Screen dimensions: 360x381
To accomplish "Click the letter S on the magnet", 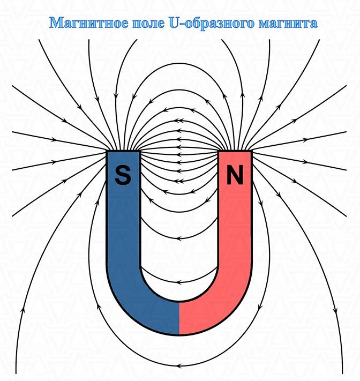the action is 123,175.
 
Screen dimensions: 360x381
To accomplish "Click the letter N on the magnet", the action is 235,175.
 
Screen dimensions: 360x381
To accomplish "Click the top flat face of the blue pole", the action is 123,151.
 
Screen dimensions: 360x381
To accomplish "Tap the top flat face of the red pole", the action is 235,151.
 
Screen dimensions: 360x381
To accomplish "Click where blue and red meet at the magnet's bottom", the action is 179,318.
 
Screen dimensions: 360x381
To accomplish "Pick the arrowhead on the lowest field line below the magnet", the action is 179,365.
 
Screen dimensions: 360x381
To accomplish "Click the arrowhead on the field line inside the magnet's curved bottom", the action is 179,282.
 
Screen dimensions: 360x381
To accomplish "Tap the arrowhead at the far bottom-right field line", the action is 336,311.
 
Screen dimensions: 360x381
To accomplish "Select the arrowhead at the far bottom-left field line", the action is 23,310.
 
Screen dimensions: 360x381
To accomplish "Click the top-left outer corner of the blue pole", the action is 107,151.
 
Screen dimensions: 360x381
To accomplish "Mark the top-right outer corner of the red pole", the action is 252,151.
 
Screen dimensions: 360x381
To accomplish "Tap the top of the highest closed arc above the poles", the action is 179,64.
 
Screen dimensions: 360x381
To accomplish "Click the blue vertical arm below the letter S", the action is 123,223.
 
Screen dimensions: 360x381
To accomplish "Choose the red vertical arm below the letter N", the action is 235,223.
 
